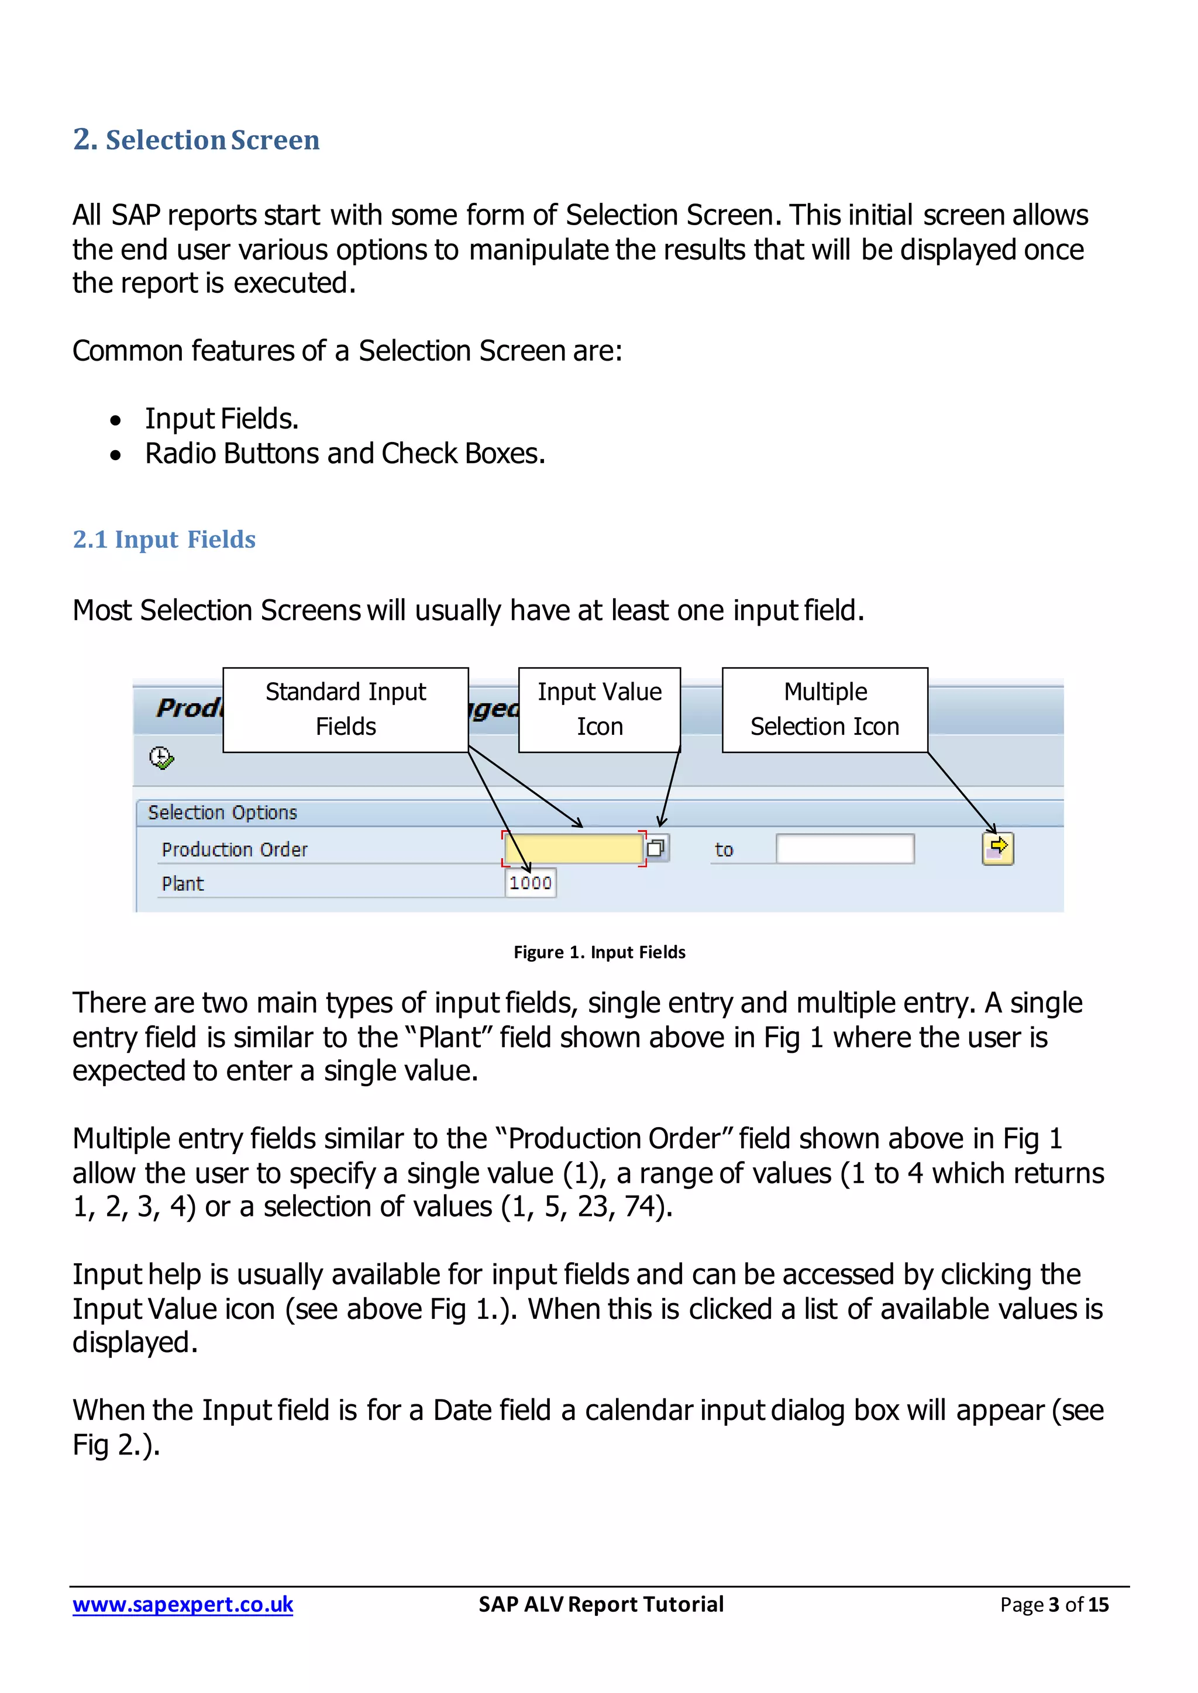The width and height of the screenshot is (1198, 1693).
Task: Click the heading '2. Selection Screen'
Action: [x=196, y=139]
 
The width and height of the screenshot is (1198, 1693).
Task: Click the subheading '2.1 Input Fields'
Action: [x=164, y=539]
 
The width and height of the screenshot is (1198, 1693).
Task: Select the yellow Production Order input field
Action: [x=573, y=848]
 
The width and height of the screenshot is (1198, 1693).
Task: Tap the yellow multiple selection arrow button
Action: [x=997, y=848]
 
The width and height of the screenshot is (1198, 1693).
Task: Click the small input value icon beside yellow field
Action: [x=656, y=848]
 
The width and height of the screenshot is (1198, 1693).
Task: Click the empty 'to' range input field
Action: [x=845, y=849]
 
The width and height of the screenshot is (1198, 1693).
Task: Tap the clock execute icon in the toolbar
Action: [x=161, y=758]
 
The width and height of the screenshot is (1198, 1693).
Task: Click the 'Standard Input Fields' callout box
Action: [x=345, y=709]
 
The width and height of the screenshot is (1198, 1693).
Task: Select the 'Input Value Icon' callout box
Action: [x=599, y=709]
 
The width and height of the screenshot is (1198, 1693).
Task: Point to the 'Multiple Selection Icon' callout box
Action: [x=824, y=709]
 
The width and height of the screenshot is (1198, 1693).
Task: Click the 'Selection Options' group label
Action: [x=222, y=813]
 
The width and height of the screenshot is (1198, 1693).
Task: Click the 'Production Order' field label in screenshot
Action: [x=235, y=849]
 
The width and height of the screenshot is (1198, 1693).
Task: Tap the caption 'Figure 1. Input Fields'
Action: [x=599, y=952]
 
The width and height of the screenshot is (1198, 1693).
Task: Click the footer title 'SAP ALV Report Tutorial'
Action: [x=601, y=1605]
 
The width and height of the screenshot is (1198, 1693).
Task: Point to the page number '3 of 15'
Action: [x=1077, y=1605]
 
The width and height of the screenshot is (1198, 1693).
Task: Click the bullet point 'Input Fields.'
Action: [x=221, y=419]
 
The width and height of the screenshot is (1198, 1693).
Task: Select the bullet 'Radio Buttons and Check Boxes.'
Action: [x=345, y=454]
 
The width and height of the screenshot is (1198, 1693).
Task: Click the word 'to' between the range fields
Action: [x=724, y=849]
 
